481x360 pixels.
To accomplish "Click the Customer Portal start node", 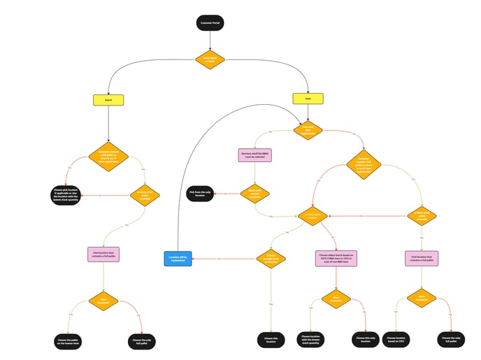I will coord(210,23).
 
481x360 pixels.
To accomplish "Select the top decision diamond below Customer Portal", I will coord(210,60).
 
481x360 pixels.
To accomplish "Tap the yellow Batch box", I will coord(108,100).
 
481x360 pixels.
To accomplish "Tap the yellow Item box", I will coord(308,100).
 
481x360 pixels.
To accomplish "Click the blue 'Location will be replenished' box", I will coord(178,259).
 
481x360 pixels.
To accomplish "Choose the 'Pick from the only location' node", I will coord(201,192).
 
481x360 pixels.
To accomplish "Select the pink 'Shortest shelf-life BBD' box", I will coord(254,154).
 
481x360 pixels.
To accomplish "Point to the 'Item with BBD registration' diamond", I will coord(308,129).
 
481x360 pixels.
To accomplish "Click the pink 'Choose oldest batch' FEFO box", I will coord(338,259).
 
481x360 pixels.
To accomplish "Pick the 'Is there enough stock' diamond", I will coord(270,258).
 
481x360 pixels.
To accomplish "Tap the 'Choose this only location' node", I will coord(366,340).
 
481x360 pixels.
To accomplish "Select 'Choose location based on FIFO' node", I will coord(396,340).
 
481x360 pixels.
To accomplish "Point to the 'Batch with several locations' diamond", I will coord(254,194).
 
